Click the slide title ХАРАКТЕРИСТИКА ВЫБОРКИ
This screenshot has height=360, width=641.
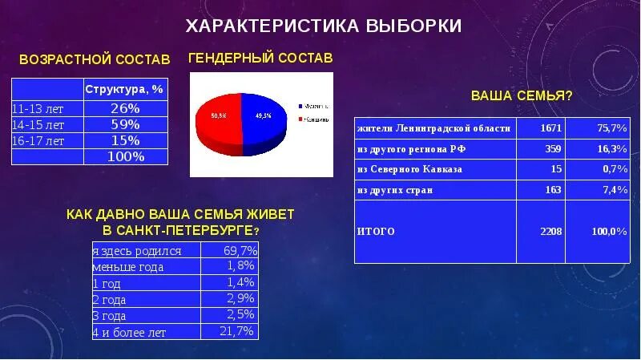324,26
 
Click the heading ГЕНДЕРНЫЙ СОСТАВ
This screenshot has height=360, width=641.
260,59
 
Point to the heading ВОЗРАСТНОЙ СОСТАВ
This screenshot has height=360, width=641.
95,60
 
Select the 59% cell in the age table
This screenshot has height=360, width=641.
125,124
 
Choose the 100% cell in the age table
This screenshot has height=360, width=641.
125,156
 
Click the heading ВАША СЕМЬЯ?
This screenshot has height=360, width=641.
521,96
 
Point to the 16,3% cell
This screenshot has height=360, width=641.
613,149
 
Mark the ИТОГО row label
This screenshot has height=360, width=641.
377,231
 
